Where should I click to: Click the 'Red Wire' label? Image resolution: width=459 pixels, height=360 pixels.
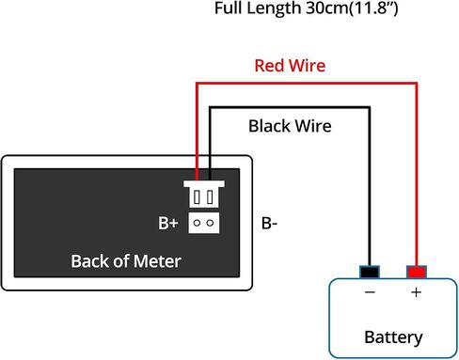(x=290, y=66)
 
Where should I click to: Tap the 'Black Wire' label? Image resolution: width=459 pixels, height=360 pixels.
(x=290, y=126)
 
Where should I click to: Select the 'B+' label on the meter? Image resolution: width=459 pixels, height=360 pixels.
(x=168, y=223)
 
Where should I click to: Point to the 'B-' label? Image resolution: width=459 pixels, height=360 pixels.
(x=269, y=223)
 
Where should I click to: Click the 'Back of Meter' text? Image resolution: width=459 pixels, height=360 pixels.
(x=126, y=261)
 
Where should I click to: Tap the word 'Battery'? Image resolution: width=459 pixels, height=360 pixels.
(x=393, y=337)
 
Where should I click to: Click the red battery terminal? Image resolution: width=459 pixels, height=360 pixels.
(x=417, y=272)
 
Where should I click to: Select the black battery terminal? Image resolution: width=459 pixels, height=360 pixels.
(x=370, y=272)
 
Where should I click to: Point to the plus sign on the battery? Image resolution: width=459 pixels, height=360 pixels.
(x=417, y=292)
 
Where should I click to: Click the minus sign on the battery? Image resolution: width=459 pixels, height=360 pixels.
(x=370, y=292)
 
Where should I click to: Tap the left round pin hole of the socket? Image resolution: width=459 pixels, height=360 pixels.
(x=197, y=223)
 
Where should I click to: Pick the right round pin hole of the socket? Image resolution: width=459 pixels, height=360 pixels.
(x=210, y=223)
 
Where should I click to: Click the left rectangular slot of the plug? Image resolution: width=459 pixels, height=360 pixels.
(x=197, y=197)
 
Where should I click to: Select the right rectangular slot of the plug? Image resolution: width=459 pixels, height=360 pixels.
(x=210, y=197)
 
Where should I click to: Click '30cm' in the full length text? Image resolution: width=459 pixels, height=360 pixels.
(x=326, y=8)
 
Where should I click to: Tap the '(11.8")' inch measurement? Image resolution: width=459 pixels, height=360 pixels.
(x=372, y=8)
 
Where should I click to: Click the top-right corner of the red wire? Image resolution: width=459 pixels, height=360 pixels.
(x=417, y=84)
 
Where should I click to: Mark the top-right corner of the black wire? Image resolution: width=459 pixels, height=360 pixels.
(x=370, y=108)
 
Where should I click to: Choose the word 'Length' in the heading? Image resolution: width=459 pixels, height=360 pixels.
(x=274, y=8)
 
